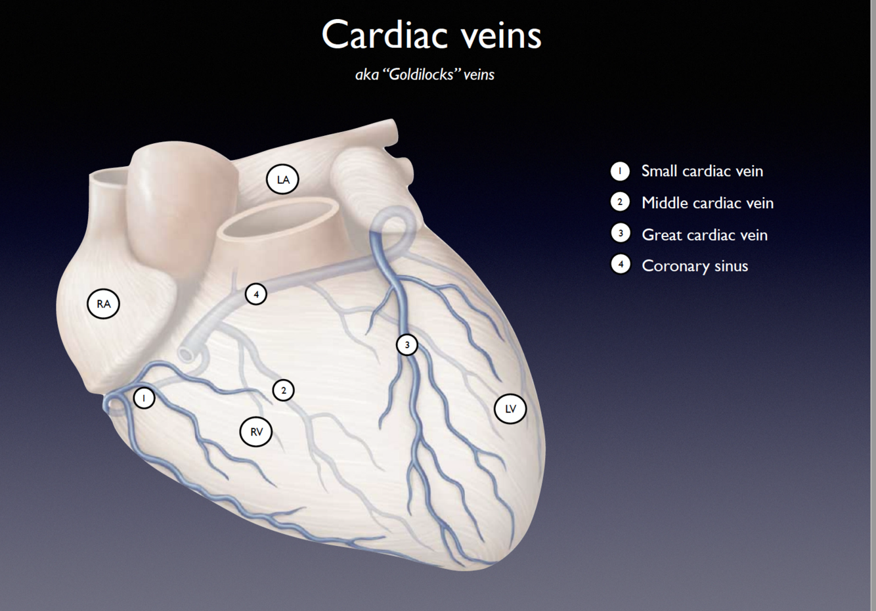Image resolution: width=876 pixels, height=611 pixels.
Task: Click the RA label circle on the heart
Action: click(103, 304)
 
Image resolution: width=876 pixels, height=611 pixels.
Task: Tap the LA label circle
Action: click(282, 179)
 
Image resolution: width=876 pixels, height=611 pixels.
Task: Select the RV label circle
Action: click(256, 432)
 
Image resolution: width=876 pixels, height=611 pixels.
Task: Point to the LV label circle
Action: click(510, 409)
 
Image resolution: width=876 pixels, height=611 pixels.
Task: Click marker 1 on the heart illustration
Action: click(144, 397)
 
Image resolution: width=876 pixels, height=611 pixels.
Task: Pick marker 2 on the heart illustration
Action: click(283, 390)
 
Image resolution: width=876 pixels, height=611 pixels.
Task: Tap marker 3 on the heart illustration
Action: click(407, 344)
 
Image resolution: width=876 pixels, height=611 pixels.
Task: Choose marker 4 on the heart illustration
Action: click(256, 294)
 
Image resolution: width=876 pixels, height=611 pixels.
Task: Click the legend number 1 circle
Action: click(619, 171)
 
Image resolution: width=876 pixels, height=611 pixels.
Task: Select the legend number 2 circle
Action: click(619, 202)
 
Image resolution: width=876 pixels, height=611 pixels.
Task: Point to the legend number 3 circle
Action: click(620, 233)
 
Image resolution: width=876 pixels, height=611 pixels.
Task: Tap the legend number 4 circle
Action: click(620, 264)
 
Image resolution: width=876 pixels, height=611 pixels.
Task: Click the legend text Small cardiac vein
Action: click(702, 171)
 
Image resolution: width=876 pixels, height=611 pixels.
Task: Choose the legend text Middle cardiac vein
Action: click(707, 202)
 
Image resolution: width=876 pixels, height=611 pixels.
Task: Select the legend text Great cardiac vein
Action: click(704, 235)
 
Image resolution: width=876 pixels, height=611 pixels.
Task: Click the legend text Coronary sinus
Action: click(695, 265)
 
